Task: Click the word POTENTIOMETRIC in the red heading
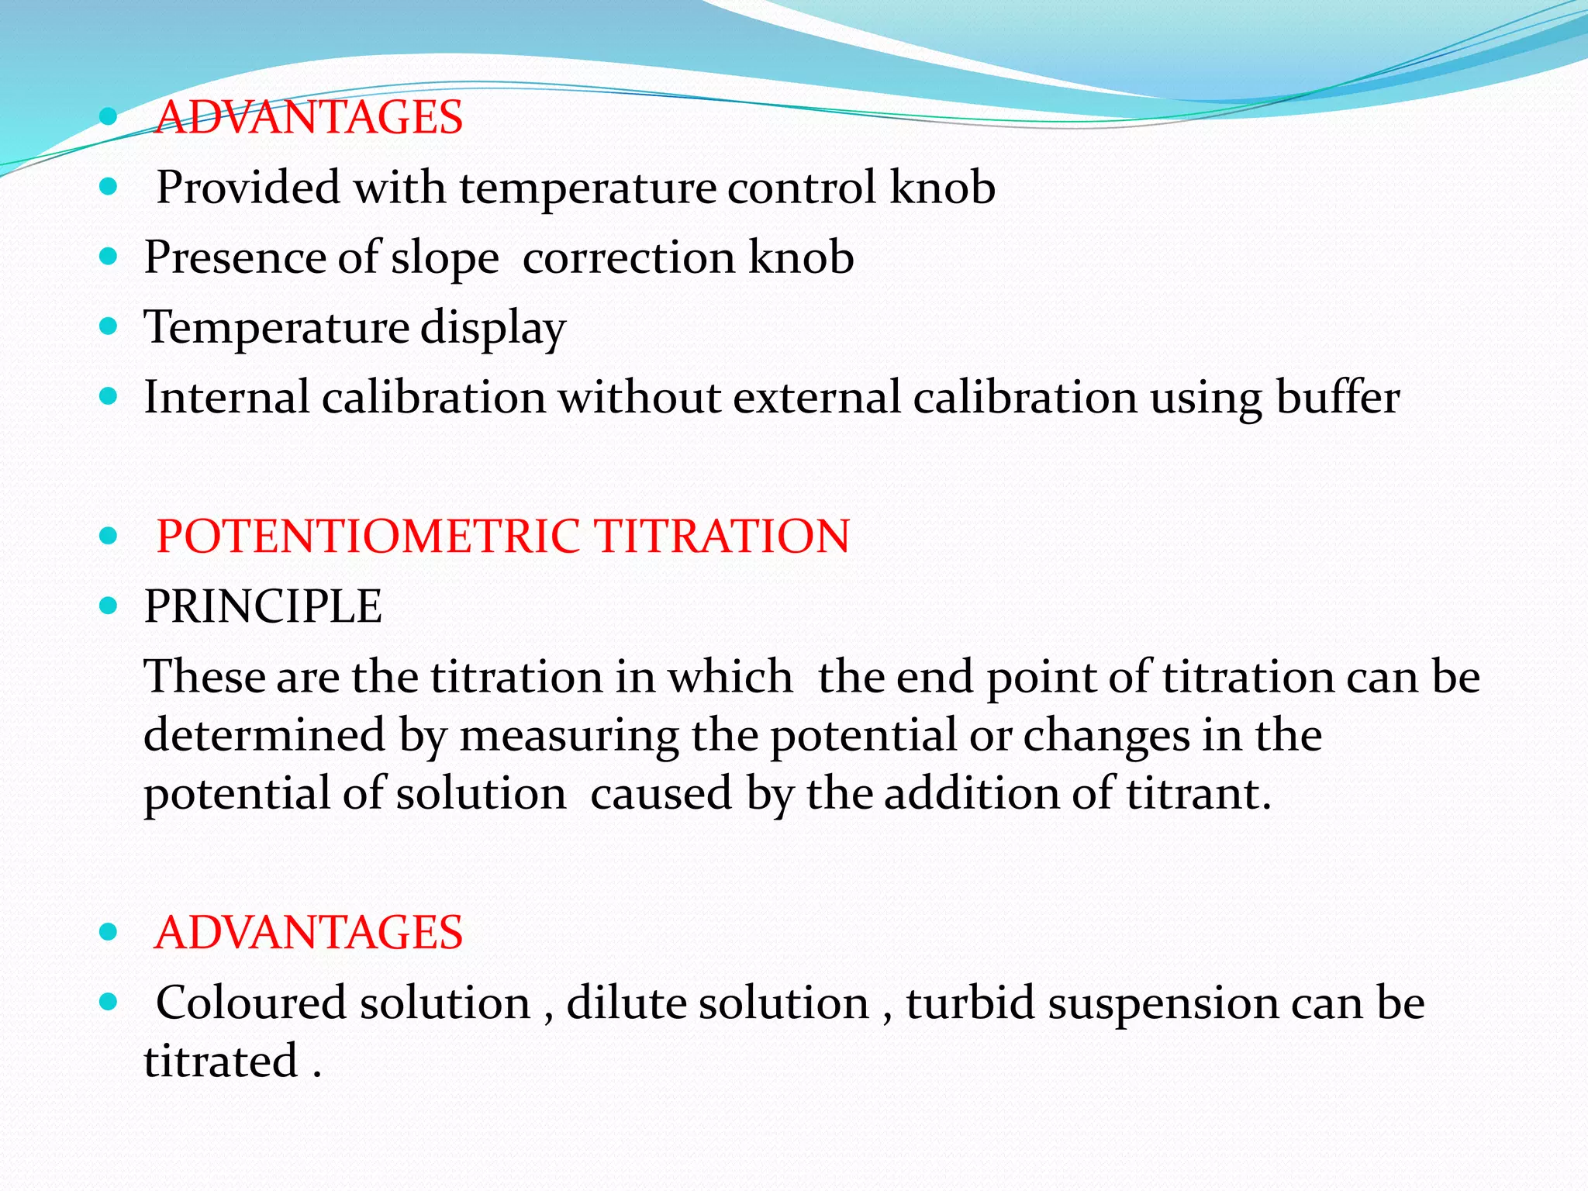[x=368, y=537]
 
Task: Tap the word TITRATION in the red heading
[x=722, y=537]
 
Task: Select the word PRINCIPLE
[x=263, y=606]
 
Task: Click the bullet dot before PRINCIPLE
[x=109, y=605]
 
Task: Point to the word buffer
[x=1338, y=397]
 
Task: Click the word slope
[x=444, y=258]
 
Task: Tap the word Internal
[x=226, y=397]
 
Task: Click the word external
[x=816, y=397]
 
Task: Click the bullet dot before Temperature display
[x=109, y=326]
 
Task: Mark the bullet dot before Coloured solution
[x=109, y=1001]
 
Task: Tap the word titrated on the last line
[x=221, y=1062]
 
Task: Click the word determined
[x=264, y=735]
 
